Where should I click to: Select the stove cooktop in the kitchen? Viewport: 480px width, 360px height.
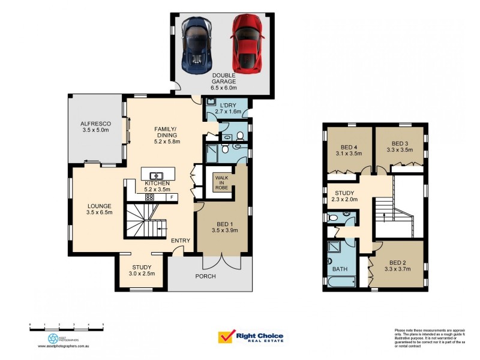click(150, 197)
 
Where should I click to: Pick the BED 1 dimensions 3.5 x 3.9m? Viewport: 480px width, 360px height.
click(225, 230)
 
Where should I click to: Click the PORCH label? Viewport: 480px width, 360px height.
click(205, 276)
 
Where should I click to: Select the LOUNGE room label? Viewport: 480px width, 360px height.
click(99, 206)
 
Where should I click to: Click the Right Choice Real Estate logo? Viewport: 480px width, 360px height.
click(253, 338)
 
